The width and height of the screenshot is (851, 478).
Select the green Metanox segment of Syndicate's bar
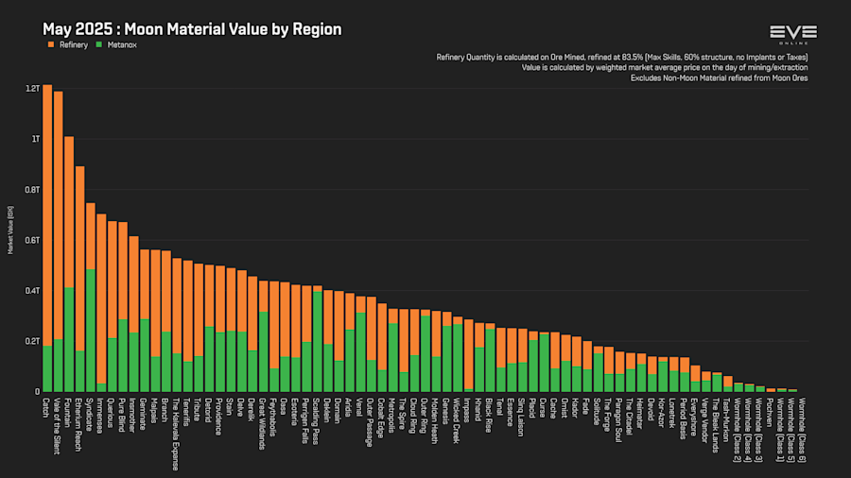[x=91, y=331]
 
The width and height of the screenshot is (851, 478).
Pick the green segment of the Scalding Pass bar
[x=318, y=341]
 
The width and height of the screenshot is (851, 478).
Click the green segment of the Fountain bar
[x=69, y=339]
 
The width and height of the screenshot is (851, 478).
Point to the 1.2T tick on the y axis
[x=33, y=88]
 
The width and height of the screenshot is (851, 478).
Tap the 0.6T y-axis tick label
[x=33, y=240]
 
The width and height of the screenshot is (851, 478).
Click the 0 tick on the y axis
[x=37, y=391]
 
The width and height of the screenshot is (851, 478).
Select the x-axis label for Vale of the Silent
[x=59, y=425]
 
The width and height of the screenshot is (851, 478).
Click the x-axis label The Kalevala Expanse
[x=177, y=433]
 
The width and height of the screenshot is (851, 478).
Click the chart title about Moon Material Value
[x=191, y=29]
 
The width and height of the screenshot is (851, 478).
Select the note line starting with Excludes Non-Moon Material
[x=719, y=77]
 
